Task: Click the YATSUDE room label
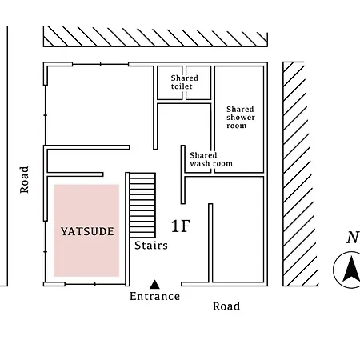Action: (x=87, y=231)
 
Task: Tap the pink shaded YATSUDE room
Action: (x=86, y=230)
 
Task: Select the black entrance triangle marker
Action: (x=154, y=285)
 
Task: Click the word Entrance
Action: (x=154, y=296)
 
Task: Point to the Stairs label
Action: (x=151, y=246)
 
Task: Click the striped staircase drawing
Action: (x=142, y=205)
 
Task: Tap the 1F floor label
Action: (x=181, y=226)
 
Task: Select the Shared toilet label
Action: (x=184, y=82)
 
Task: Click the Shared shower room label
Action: (x=241, y=118)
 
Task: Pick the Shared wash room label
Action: (x=211, y=159)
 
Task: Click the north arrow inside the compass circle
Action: (x=351, y=269)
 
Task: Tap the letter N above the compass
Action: (x=353, y=238)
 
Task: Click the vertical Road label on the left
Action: (x=24, y=180)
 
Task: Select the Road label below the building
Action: (x=226, y=306)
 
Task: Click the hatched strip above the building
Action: (x=155, y=36)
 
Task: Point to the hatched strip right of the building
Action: (x=300, y=174)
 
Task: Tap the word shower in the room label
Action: (x=241, y=118)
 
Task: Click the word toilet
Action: (x=182, y=86)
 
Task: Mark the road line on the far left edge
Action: (x=7, y=156)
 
